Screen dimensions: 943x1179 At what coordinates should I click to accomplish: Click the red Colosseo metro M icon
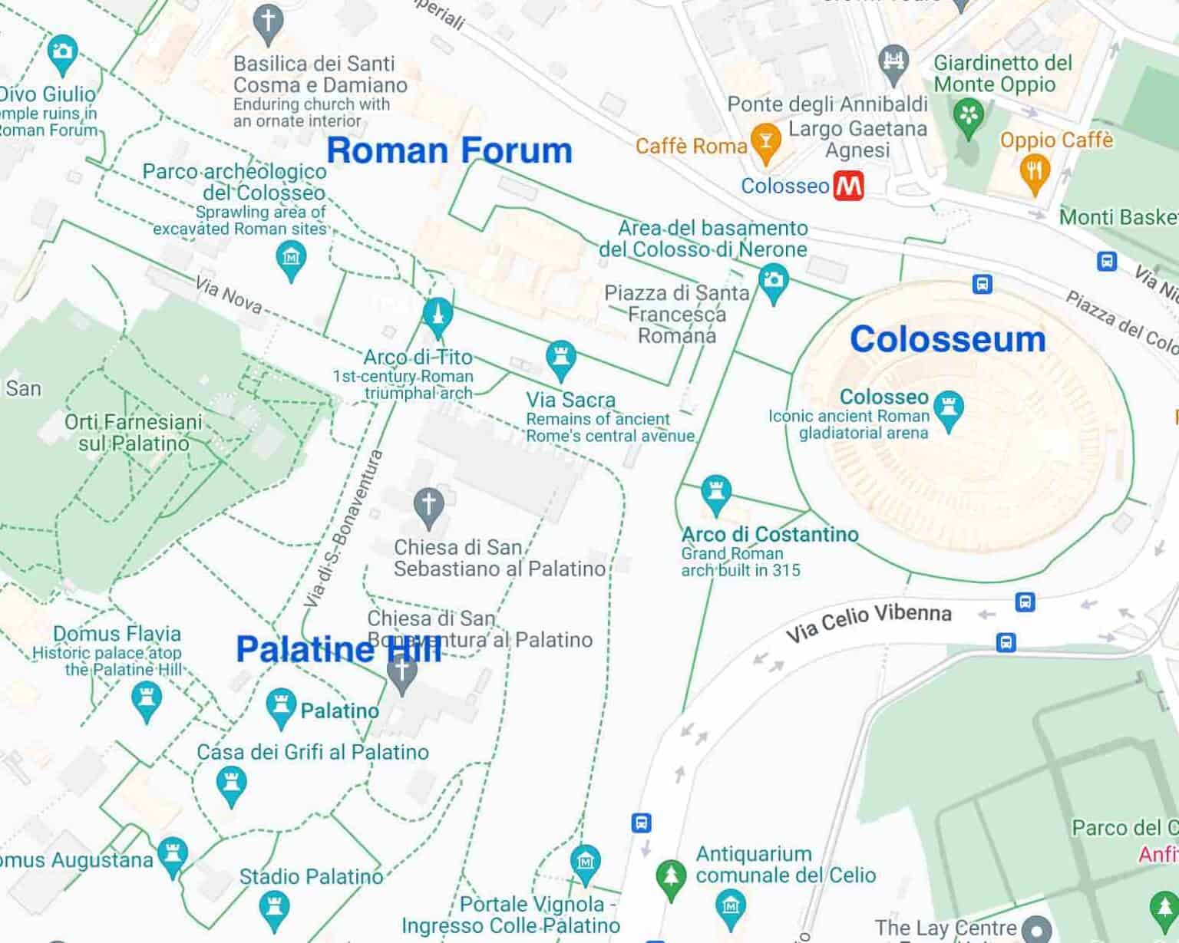849,186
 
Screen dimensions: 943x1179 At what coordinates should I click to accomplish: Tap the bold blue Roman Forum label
449,150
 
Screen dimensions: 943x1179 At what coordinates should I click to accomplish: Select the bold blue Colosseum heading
947,339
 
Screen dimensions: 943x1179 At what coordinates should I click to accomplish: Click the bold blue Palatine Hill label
339,649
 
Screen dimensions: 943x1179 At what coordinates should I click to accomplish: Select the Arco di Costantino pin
715,493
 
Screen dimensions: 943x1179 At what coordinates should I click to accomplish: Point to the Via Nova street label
228,295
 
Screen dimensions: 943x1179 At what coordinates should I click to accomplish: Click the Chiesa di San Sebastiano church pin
428,507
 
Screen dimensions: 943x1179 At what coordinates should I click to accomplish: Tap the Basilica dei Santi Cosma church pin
268,23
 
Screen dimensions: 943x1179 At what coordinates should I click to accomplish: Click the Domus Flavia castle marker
146,701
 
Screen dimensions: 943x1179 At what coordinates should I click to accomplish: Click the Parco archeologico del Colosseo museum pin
291,259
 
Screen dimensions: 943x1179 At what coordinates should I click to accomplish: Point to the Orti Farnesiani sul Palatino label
134,433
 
